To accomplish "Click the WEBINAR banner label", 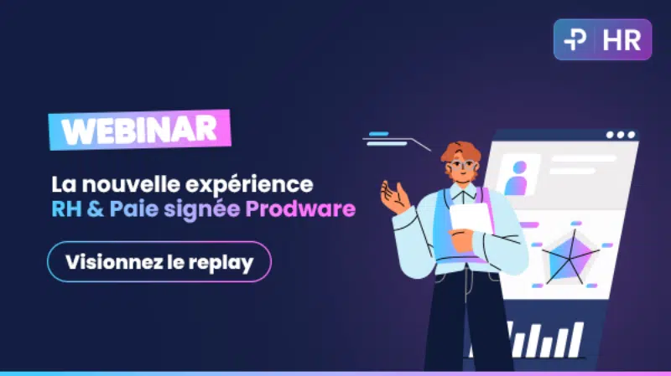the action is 139,130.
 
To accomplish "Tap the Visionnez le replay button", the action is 159,261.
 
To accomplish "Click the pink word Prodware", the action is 300,209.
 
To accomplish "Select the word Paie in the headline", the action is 134,209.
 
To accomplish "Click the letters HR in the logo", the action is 622,40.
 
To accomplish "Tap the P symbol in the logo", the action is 575,39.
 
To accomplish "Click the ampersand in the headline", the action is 96,209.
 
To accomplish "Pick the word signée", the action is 201,210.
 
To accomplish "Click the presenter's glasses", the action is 463,165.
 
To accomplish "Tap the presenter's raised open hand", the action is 394,197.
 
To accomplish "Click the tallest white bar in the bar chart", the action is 575,340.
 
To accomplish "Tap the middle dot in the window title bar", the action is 621,135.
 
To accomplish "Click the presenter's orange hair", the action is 460,152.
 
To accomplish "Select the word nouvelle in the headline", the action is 131,184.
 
